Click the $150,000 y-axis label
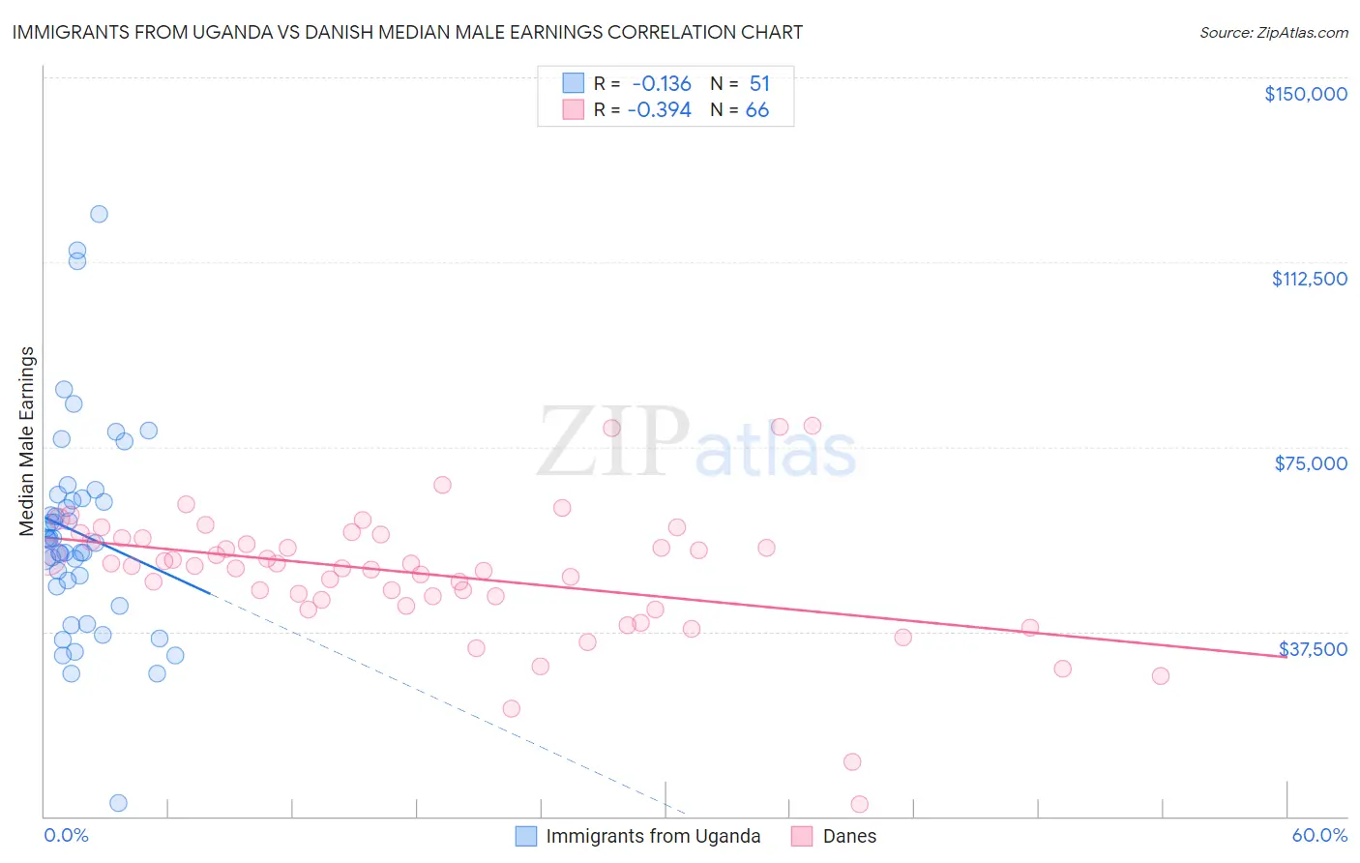tap(1305, 94)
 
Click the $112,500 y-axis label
tap(1309, 279)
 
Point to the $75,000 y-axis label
tap(1311, 463)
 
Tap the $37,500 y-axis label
tap(1313, 649)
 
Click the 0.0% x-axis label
tap(66, 835)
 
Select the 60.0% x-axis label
tap(1319, 835)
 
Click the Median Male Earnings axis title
tap(27, 441)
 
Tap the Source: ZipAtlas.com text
tap(1273, 32)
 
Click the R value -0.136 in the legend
tap(662, 84)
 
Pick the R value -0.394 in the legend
tap(660, 110)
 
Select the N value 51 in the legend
tap(759, 84)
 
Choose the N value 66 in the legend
tap(757, 110)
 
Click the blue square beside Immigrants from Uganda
tap(526, 836)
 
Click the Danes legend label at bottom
tap(849, 836)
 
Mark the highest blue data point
tap(99, 214)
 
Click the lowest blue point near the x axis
tap(118, 803)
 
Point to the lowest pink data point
tap(859, 804)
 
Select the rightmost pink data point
tap(1161, 676)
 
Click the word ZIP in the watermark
tap(612, 442)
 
